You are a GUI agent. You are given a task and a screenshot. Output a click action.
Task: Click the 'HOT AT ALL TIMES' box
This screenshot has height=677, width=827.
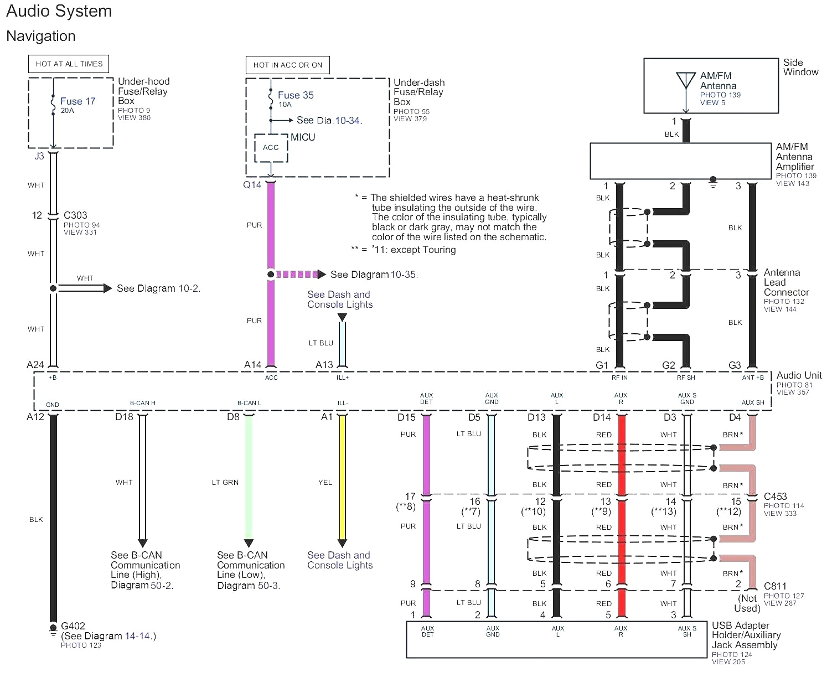69,64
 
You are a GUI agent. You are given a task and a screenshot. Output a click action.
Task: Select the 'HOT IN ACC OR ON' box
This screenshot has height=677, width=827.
287,65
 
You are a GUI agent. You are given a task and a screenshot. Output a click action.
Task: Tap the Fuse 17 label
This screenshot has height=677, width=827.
77,101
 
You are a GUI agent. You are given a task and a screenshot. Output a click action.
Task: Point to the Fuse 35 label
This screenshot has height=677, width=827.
296,95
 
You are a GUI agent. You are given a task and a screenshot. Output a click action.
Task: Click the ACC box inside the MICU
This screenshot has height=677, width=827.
271,148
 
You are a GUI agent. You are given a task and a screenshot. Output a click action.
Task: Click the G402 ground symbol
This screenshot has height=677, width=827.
53,628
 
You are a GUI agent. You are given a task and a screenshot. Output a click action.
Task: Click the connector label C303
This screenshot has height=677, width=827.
75,215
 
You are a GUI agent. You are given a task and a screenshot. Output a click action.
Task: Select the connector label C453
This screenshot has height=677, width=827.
775,497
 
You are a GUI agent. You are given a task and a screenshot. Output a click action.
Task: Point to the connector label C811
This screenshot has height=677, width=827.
775,586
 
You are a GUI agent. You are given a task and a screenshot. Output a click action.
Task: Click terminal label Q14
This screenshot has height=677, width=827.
252,185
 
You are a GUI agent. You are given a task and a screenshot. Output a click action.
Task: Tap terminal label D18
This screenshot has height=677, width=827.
124,417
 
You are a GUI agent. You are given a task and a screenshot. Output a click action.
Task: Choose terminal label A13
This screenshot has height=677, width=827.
324,365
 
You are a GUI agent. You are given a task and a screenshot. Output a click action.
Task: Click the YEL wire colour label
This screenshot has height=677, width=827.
325,483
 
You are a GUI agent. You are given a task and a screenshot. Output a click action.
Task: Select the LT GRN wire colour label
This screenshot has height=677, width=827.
225,483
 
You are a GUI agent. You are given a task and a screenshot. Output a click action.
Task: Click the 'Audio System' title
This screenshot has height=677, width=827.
59,11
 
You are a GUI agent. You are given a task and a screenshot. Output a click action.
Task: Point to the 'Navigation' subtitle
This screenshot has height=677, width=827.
41,36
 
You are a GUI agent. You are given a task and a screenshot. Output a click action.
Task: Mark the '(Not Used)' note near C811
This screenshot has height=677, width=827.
747,603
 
